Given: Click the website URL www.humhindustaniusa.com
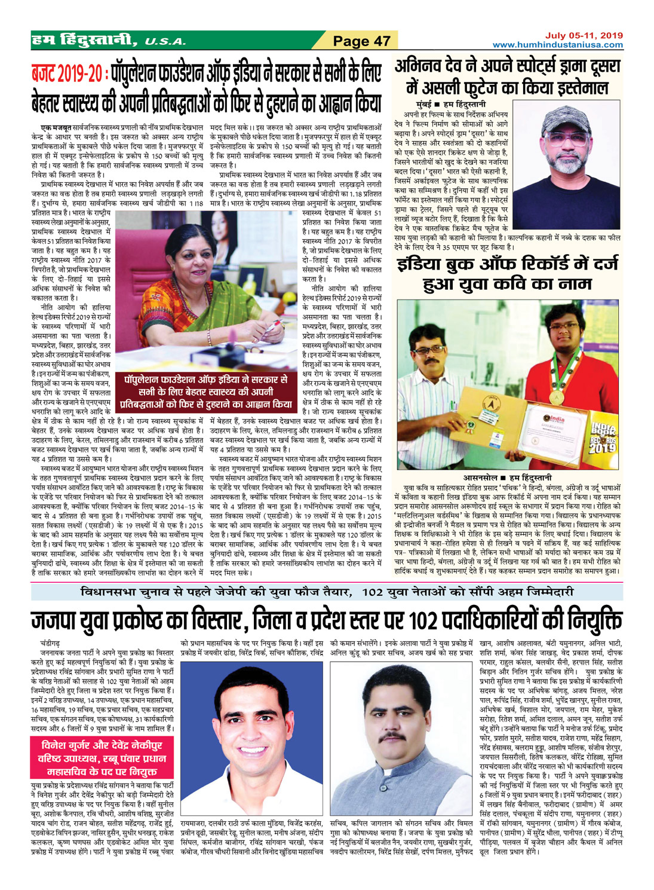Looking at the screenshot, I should click(557, 44).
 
